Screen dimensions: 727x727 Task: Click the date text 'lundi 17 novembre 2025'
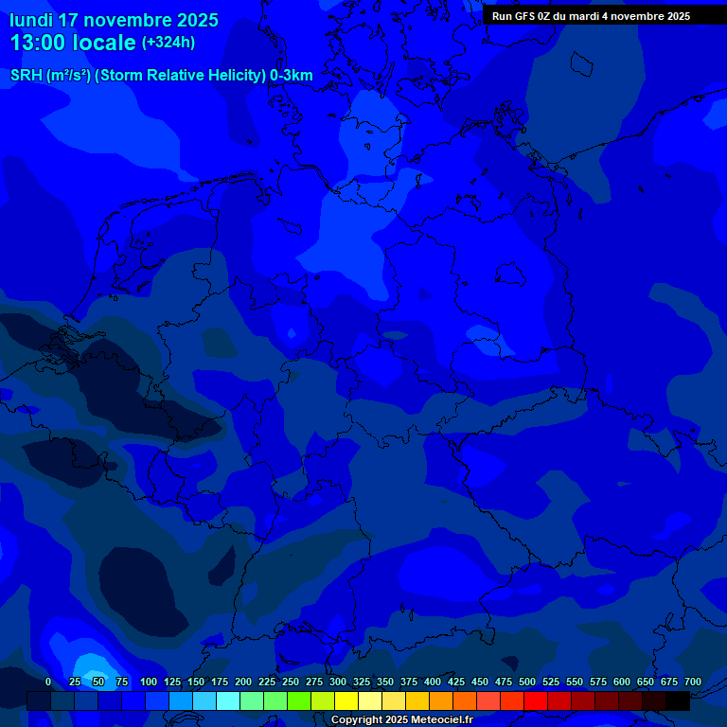(114, 20)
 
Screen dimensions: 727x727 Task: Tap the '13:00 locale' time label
(73, 43)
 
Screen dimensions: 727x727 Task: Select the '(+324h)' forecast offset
(168, 43)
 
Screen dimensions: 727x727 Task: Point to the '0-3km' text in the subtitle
(291, 76)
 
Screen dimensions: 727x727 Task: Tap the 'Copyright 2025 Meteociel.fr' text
(401, 720)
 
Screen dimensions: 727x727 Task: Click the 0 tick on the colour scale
(48, 683)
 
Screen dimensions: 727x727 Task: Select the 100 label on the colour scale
(149, 683)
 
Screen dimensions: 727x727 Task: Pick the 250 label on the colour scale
(291, 683)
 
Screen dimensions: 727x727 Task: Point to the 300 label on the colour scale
(338, 683)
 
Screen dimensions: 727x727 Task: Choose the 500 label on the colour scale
(527, 683)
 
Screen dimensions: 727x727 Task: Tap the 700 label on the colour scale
(693, 683)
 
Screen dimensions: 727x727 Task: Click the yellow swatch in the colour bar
(346, 701)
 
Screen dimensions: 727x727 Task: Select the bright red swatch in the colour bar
(536, 701)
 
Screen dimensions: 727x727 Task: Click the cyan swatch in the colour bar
(228, 701)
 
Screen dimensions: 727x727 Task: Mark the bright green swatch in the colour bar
(299, 701)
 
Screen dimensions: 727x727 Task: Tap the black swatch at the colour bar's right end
(678, 701)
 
